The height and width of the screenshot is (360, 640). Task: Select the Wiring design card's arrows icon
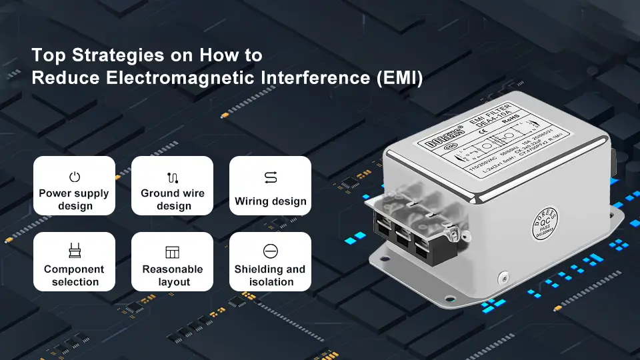tap(271, 177)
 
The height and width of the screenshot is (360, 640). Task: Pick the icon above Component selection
tap(75, 251)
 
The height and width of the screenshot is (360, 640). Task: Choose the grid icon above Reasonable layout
tap(173, 252)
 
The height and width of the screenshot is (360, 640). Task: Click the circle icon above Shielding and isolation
tap(271, 251)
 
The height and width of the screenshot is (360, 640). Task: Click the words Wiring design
tap(271, 201)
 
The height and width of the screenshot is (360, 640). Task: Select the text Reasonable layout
tap(173, 275)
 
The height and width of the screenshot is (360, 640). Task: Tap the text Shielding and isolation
tap(270, 275)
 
